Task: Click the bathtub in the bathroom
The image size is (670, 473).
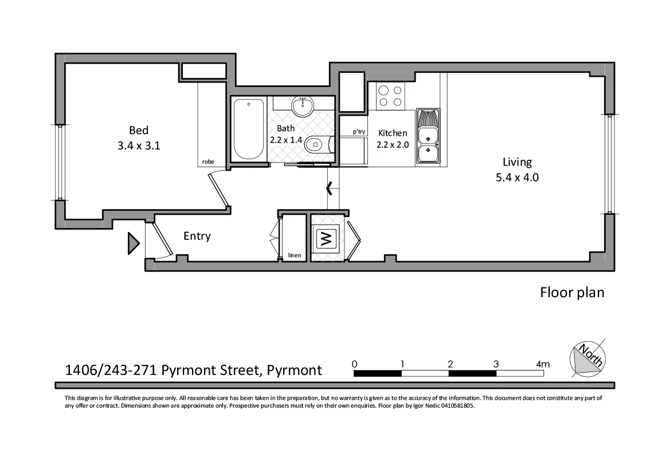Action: point(249,130)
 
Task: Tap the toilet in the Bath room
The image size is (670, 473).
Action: point(316,145)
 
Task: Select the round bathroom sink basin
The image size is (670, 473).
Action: point(302,106)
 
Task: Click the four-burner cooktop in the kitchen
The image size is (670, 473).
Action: point(390,96)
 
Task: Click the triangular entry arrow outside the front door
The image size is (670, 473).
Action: point(133,243)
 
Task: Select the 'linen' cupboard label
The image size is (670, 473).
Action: point(295,255)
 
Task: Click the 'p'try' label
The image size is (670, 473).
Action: point(359,132)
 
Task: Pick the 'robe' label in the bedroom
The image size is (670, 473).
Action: point(208,162)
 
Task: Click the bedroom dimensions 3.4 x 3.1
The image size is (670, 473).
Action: point(138,145)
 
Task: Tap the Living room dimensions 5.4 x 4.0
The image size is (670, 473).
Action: point(517,178)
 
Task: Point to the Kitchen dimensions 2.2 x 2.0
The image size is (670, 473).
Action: point(393,145)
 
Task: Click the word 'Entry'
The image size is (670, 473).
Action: point(197,236)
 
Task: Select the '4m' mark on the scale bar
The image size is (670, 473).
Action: point(542,364)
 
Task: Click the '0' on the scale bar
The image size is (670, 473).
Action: point(355,364)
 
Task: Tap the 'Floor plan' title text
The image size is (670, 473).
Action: point(572,293)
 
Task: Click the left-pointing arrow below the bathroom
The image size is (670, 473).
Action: point(329,187)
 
